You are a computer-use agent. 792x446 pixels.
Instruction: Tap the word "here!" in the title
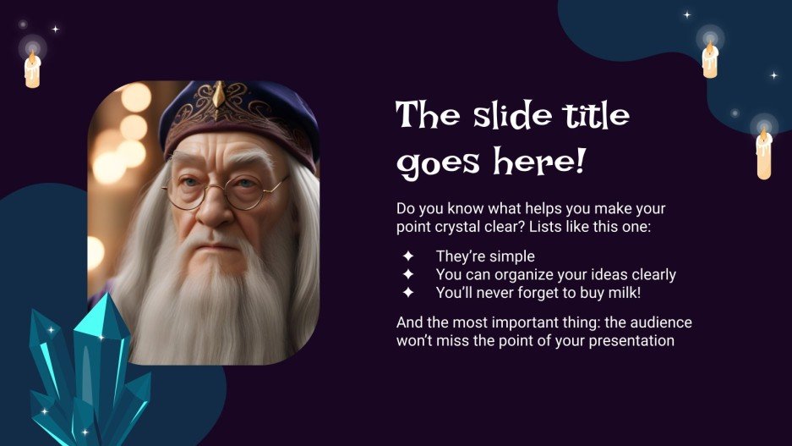(546, 161)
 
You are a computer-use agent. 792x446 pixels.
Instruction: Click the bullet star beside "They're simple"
(408, 256)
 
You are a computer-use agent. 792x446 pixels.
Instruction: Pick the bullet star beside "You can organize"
(408, 274)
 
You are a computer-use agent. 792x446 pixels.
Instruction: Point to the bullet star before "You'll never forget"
(408, 293)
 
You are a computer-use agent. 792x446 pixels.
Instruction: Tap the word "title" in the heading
(598, 114)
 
